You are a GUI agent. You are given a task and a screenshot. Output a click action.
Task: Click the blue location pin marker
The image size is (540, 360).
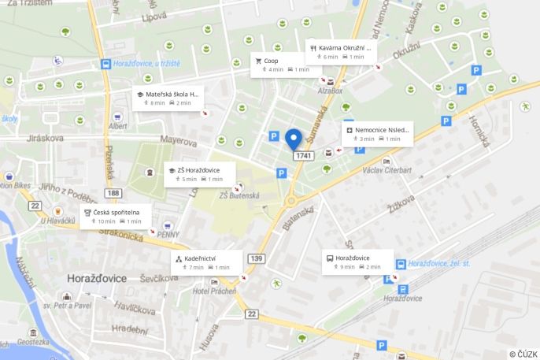tap(294, 139)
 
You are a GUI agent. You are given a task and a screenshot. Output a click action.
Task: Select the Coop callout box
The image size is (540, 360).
tap(282, 65)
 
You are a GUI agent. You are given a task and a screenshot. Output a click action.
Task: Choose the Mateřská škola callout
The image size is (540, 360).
tap(168, 98)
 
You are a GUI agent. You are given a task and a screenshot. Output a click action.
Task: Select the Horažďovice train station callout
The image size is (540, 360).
tap(357, 262)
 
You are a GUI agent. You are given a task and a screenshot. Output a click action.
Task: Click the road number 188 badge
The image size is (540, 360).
tap(114, 192)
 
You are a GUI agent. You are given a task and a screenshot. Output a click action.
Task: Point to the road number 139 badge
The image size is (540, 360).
tap(256, 258)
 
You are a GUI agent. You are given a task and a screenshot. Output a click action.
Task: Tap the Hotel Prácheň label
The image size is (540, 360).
tap(214, 292)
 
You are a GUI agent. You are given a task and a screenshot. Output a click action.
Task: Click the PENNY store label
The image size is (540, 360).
tap(168, 234)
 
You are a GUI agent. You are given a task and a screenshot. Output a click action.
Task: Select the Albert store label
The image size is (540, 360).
tap(118, 126)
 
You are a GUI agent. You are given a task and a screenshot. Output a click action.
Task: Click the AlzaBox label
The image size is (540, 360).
tap(331, 91)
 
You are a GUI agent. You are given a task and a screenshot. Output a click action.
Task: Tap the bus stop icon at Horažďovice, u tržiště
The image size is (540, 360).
tap(105, 64)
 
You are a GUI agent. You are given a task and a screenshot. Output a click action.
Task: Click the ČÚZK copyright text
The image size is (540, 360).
tap(523, 354)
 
